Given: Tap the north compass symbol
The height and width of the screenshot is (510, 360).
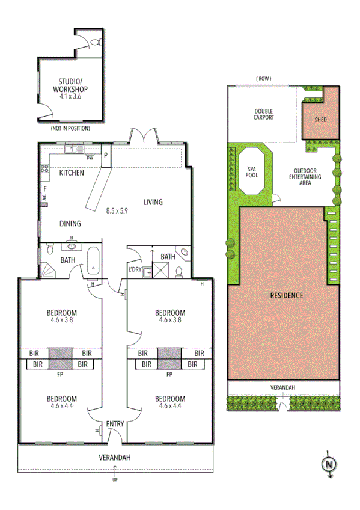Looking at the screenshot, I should pyautogui.click(x=329, y=464).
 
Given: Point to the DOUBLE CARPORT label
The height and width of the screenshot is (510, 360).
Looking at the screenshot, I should pyautogui.click(x=264, y=114).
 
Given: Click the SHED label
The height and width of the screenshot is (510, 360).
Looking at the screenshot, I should pyautogui.click(x=321, y=119).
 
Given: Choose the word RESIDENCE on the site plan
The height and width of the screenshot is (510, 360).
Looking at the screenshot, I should pyautogui.click(x=285, y=296).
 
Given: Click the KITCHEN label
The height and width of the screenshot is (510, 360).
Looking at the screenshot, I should pyautogui.click(x=72, y=173).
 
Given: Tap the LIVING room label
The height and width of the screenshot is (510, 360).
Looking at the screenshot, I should pyautogui.click(x=153, y=202).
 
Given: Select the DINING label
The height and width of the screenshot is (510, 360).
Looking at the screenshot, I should pyautogui.click(x=70, y=224).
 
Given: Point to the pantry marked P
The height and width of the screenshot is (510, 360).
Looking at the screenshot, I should pyautogui.click(x=106, y=155).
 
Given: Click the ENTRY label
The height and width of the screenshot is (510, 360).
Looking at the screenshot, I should pyautogui.click(x=115, y=424).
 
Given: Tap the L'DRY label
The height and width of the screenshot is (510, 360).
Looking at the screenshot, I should pyautogui.click(x=135, y=269).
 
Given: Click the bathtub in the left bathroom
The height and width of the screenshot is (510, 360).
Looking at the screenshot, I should pyautogui.click(x=94, y=260).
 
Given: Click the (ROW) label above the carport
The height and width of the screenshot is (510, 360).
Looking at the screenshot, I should pyautogui.click(x=263, y=79).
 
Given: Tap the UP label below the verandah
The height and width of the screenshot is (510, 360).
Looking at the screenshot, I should pyautogui.click(x=115, y=479).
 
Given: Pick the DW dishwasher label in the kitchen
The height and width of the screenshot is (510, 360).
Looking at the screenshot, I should pyautogui.click(x=90, y=158).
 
